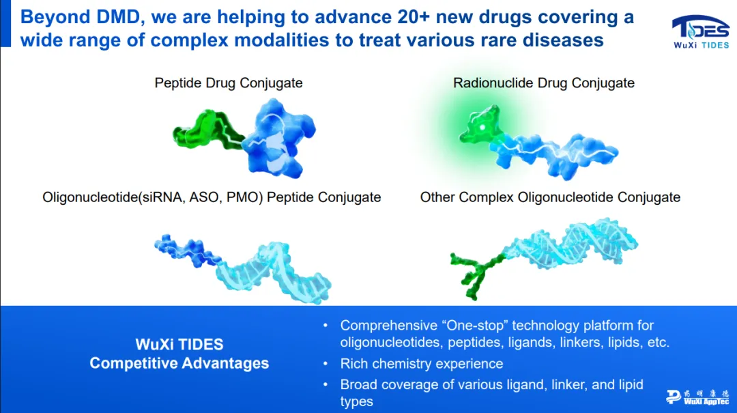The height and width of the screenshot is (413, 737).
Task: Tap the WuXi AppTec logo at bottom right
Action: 697,397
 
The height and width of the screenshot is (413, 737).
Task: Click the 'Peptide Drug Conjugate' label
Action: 229,83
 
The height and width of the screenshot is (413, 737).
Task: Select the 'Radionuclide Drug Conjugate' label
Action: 544,83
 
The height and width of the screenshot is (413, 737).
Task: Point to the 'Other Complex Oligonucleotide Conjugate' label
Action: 550,197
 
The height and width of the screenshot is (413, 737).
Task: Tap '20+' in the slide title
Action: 414,17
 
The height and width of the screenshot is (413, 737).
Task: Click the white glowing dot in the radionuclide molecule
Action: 482,127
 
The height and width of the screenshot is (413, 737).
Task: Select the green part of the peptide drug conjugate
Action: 207,129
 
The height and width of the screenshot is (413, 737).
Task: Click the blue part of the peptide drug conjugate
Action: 279,138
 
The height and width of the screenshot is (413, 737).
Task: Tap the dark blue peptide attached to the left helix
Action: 186,251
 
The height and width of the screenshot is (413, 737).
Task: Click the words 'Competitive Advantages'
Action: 179,363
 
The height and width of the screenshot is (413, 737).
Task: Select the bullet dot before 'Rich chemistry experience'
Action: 326,364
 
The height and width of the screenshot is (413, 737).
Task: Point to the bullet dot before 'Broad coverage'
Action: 326,385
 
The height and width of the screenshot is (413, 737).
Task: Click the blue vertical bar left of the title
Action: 5,23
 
